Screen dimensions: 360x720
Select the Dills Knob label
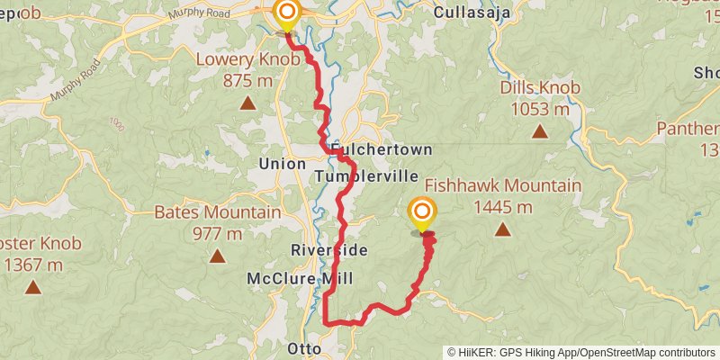click(540, 87)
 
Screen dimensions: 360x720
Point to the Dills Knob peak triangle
click(539, 131)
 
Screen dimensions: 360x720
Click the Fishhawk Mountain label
click(503, 186)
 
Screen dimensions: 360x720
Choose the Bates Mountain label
click(217, 212)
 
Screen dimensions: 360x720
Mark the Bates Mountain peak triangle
click(217, 256)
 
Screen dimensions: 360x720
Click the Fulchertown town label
click(382, 148)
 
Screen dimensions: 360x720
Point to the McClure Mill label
click(293, 279)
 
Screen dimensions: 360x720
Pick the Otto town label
click(303, 347)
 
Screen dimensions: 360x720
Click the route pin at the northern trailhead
click(287, 13)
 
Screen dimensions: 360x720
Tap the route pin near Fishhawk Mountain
click(421, 212)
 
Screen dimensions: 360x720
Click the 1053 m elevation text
click(540, 109)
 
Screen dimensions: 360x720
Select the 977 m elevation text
click(217, 234)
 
